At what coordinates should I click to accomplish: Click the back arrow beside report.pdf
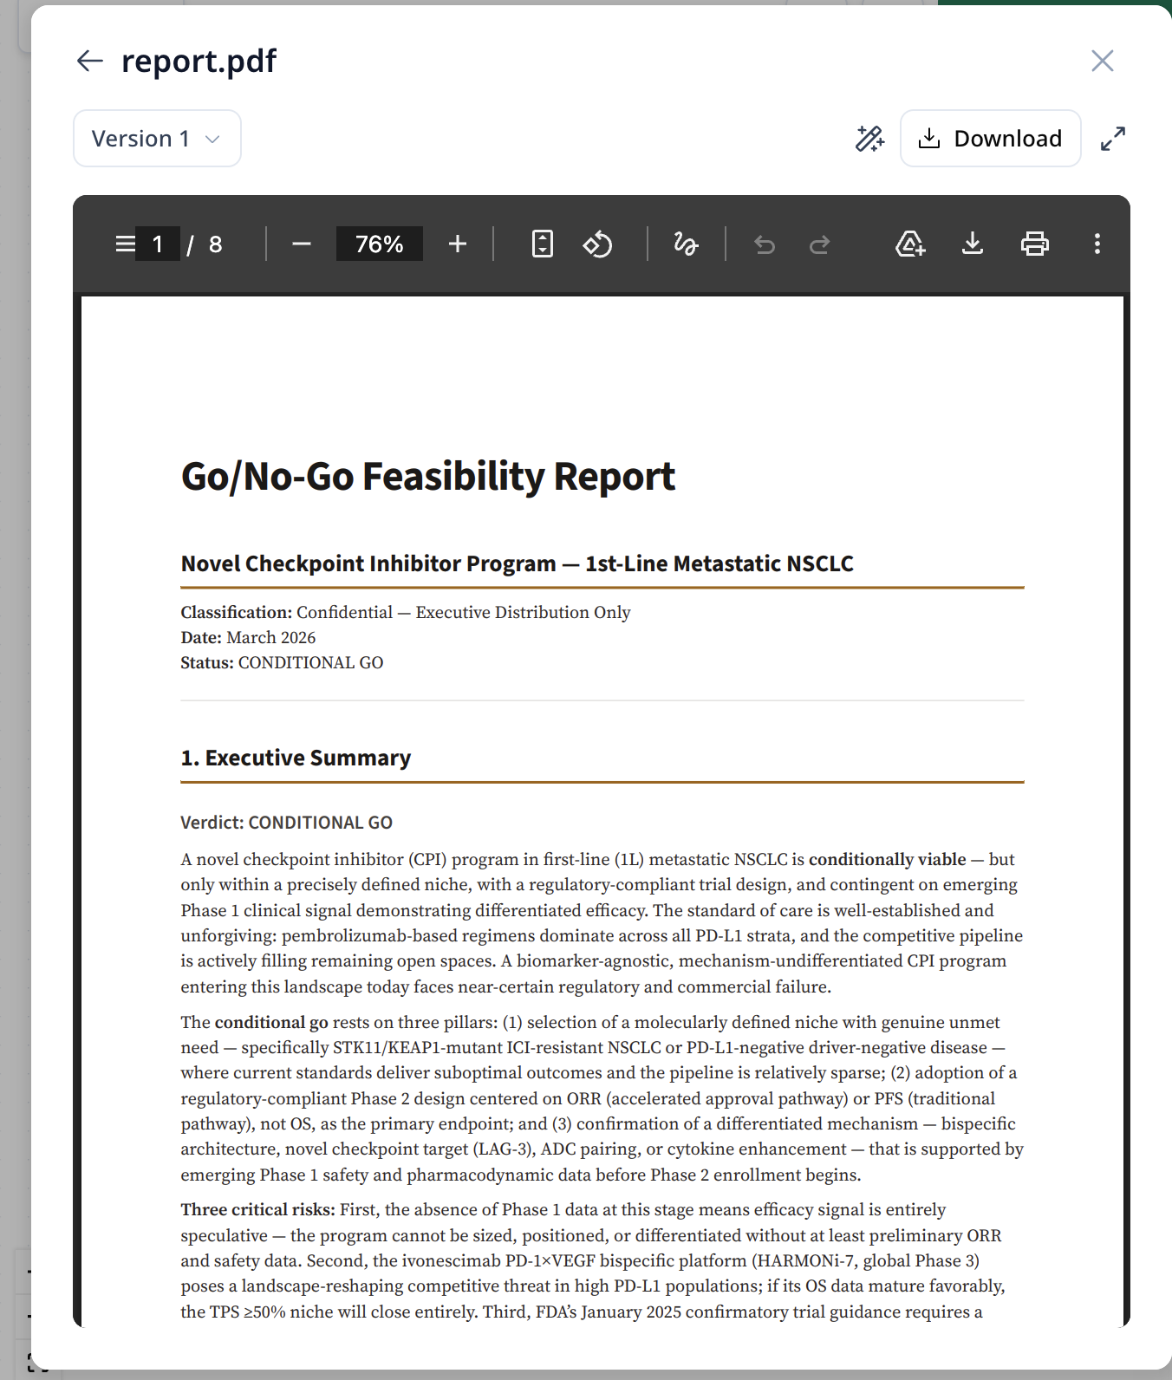coord(90,61)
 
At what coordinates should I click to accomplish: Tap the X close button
coord(1102,61)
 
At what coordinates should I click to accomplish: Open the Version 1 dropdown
coord(157,139)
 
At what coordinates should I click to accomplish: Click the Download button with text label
coord(990,139)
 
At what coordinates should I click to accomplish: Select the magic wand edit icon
coord(869,139)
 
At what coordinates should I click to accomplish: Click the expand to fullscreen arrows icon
coord(1112,139)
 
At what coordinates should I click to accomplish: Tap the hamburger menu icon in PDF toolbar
coord(126,244)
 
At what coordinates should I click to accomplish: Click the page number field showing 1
coord(158,244)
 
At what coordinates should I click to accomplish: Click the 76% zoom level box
coord(380,244)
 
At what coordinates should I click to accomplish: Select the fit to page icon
coord(543,244)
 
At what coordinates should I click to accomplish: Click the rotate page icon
coord(597,244)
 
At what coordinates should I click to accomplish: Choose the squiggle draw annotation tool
coord(686,244)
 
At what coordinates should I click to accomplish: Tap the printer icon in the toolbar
coord(1035,244)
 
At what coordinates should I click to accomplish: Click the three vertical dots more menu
coord(1097,244)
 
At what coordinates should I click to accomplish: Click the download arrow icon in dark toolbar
coord(973,244)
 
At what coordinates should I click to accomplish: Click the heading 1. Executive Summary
coord(296,758)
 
